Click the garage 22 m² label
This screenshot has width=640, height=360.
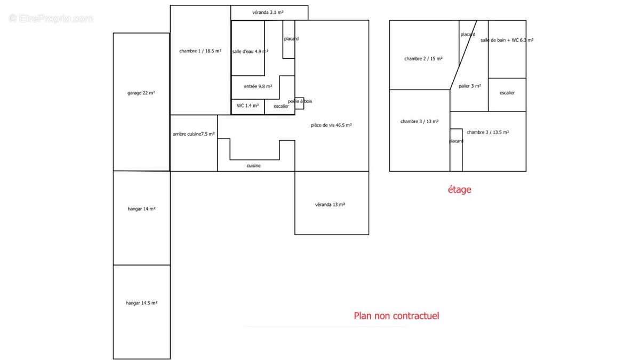[141, 93]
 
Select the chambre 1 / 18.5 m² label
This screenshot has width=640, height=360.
[201, 51]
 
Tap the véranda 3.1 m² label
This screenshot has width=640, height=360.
[268, 12]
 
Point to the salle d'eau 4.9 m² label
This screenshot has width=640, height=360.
[250, 52]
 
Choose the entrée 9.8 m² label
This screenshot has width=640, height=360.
[258, 86]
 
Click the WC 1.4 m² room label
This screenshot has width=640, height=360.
[247, 106]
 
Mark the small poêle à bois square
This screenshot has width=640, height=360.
[299, 103]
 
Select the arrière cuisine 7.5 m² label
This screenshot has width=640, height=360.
[194, 134]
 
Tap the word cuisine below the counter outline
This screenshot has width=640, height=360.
[254, 166]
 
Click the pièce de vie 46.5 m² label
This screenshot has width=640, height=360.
[331, 125]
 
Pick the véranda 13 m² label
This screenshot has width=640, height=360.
[330, 205]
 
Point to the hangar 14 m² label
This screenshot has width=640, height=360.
[142, 209]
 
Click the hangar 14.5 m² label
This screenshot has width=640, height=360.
[142, 303]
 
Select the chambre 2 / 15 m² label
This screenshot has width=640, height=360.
[423, 59]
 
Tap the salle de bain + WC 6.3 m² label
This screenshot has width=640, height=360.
[507, 41]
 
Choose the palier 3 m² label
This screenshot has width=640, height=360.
[470, 86]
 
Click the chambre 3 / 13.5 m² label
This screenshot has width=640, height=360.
[488, 132]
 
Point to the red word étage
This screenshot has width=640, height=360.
[459, 189]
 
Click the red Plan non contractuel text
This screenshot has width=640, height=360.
[396, 316]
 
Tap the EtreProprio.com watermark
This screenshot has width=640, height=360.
[51, 19]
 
